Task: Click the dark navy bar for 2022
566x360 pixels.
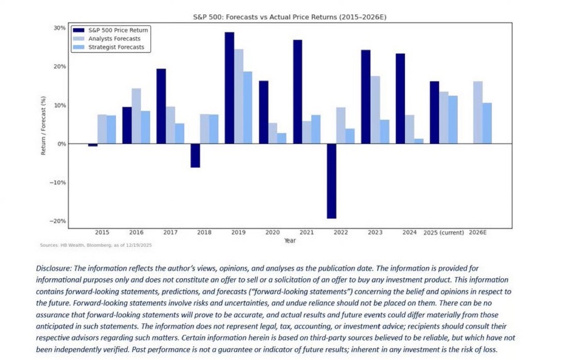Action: tap(331, 181)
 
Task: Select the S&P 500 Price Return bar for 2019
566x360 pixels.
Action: tap(229, 88)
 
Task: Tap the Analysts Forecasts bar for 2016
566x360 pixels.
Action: tap(136, 116)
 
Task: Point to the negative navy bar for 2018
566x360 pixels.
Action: tap(196, 156)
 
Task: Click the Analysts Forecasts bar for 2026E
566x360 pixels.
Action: tap(477, 113)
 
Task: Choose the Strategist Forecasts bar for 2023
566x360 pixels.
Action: tap(384, 132)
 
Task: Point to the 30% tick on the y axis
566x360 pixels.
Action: tap(60, 28)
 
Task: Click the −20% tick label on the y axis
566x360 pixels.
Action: tap(58, 221)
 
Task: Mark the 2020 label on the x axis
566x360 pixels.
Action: tap(273, 232)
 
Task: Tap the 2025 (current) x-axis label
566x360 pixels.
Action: tap(443, 232)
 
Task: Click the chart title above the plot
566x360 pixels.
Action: tap(289, 17)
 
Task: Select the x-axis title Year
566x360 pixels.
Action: tap(289, 241)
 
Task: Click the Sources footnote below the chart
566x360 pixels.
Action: tap(96, 245)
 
